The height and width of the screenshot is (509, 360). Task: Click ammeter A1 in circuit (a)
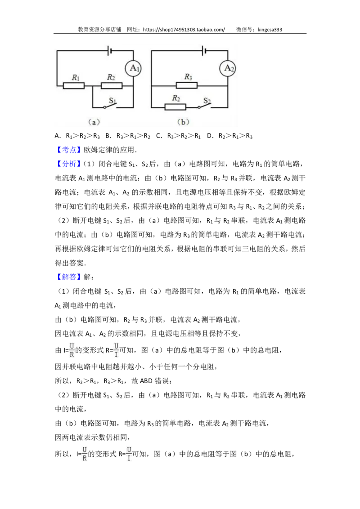134,68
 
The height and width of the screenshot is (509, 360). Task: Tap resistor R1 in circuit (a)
73,86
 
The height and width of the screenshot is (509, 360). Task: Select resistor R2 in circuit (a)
112,86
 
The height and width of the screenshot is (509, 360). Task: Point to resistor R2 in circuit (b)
175,107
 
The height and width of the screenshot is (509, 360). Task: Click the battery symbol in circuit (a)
110,50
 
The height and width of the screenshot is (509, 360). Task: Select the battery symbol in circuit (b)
204,50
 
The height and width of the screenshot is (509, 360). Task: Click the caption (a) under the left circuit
94,122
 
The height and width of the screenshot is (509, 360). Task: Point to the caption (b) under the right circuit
183,122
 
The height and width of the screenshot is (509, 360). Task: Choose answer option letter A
57,136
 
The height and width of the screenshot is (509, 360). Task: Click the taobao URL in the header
184,30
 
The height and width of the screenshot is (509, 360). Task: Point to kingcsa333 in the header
270,30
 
